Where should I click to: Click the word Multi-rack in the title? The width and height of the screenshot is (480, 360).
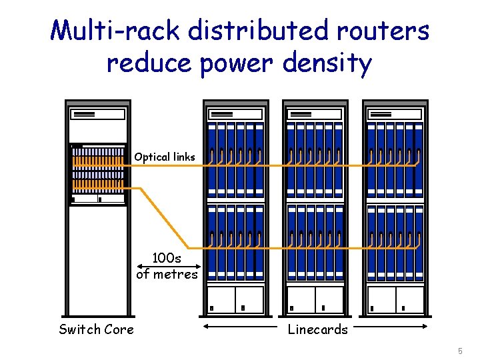(117, 31)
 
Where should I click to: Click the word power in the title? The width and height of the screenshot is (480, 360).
(233, 65)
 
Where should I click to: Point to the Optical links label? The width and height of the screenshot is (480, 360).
(165, 157)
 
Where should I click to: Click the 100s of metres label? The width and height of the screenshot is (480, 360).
(167, 265)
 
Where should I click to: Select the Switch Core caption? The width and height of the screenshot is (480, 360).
(96, 329)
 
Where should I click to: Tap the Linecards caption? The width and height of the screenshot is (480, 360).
(317, 329)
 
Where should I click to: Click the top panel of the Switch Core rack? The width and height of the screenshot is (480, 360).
(98, 114)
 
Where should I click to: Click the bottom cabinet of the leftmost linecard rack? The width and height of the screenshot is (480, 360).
(235, 299)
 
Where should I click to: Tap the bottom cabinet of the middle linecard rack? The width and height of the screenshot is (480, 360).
(315, 299)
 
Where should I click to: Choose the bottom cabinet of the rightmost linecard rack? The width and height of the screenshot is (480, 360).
(395, 299)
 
